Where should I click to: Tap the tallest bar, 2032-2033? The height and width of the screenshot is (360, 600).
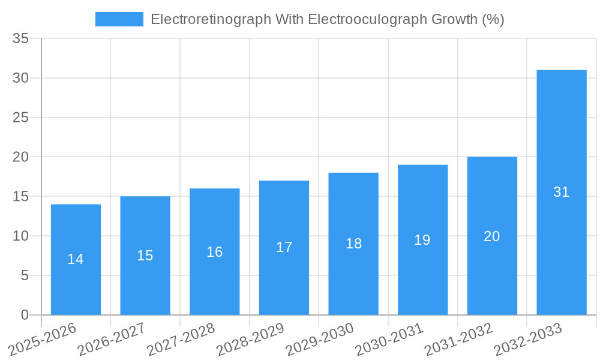tap(562, 240)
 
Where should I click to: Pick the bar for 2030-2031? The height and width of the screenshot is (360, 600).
tap(422, 276)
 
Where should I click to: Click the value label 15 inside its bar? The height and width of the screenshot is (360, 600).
tap(145, 256)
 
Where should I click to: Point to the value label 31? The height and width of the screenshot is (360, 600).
tap(562, 192)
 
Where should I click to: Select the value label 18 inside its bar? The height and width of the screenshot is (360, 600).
tap(353, 244)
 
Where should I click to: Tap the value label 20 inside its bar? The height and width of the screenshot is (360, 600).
tap(492, 236)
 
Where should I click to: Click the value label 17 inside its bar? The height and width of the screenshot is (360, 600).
tap(284, 247)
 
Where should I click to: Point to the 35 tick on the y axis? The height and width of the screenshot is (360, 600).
tap(21, 39)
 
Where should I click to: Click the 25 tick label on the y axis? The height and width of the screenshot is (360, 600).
tap(21, 118)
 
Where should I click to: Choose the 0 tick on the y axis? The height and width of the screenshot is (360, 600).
tap(25, 315)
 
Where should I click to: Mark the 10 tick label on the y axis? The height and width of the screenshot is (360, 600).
tap(21, 236)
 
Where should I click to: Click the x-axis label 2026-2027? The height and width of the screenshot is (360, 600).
tap(112, 338)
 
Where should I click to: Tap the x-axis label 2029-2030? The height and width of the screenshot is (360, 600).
tap(320, 338)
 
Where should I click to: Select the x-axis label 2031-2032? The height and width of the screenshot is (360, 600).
tap(459, 338)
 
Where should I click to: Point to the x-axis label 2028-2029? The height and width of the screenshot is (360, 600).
tap(250, 338)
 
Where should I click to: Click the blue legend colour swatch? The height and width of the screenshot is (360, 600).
tap(119, 19)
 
